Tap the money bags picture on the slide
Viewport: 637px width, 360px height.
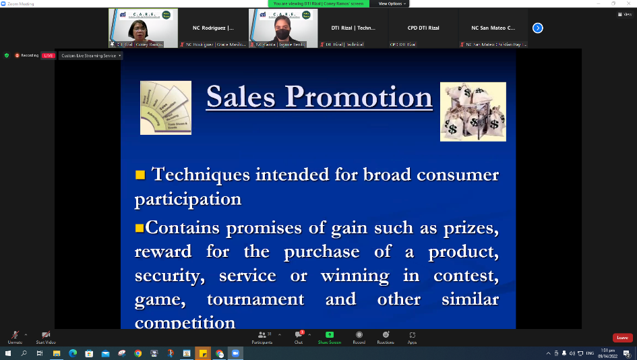click(x=473, y=111)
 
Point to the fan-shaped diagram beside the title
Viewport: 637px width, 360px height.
click(x=165, y=107)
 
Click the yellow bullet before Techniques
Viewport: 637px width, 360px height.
click(x=140, y=175)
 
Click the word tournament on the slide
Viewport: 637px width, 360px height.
click(x=255, y=299)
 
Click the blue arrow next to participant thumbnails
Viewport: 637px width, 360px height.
click(x=537, y=28)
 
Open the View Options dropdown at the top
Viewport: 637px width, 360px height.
click(x=392, y=3)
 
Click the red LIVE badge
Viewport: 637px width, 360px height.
click(x=48, y=55)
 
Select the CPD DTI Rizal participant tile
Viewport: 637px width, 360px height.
click(x=423, y=28)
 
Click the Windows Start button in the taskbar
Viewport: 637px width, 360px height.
click(x=7, y=353)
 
